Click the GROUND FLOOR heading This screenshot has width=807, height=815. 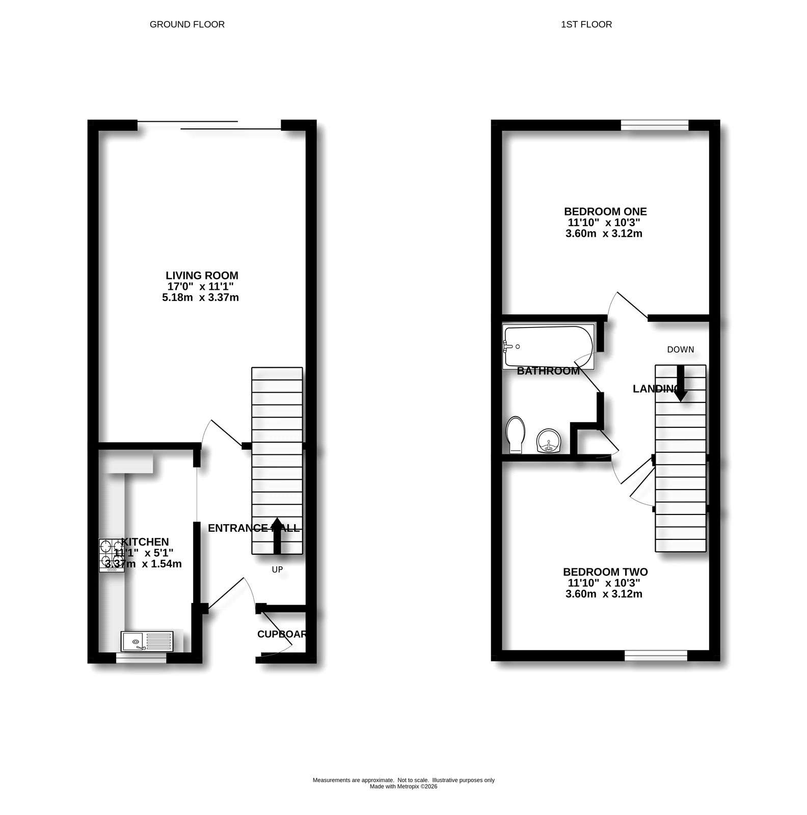coord(187,24)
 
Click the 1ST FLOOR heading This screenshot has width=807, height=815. coord(586,24)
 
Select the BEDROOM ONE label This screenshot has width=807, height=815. coord(605,211)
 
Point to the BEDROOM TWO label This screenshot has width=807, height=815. coord(605,572)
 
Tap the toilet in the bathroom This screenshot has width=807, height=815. coord(516,434)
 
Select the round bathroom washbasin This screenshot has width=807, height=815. coord(548,441)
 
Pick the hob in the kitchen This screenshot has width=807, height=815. coord(111,554)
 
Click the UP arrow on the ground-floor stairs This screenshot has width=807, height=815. coord(277,535)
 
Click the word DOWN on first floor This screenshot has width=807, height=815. coord(681,349)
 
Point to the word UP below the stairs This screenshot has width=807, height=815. coord(277,569)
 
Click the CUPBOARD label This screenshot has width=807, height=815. coord(282,634)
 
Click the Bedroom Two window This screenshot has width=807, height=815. coord(656,656)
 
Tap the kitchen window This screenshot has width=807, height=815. coord(141,659)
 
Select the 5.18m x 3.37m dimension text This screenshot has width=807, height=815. coord(200,297)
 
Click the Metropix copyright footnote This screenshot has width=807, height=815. coord(403,786)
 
